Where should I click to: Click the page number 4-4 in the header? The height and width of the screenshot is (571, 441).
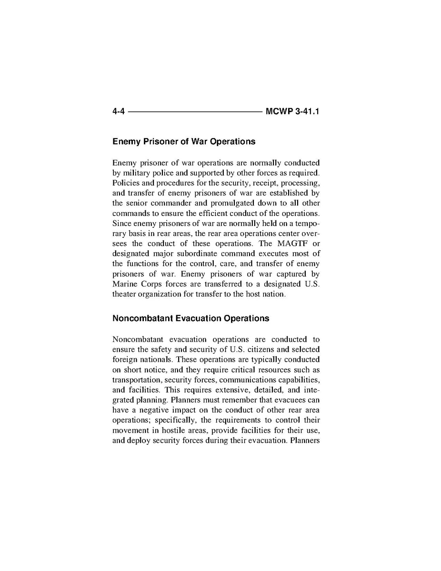[x=119, y=112]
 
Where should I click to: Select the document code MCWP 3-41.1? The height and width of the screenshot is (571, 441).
[x=292, y=112]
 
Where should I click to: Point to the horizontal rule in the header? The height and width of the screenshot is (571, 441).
[x=195, y=112]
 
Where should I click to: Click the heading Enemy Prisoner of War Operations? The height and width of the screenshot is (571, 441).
[x=184, y=142]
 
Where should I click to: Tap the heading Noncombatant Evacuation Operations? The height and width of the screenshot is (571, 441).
[x=190, y=318]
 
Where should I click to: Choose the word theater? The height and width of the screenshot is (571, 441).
[x=125, y=294]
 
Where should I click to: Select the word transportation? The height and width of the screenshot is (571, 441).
[x=137, y=380]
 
